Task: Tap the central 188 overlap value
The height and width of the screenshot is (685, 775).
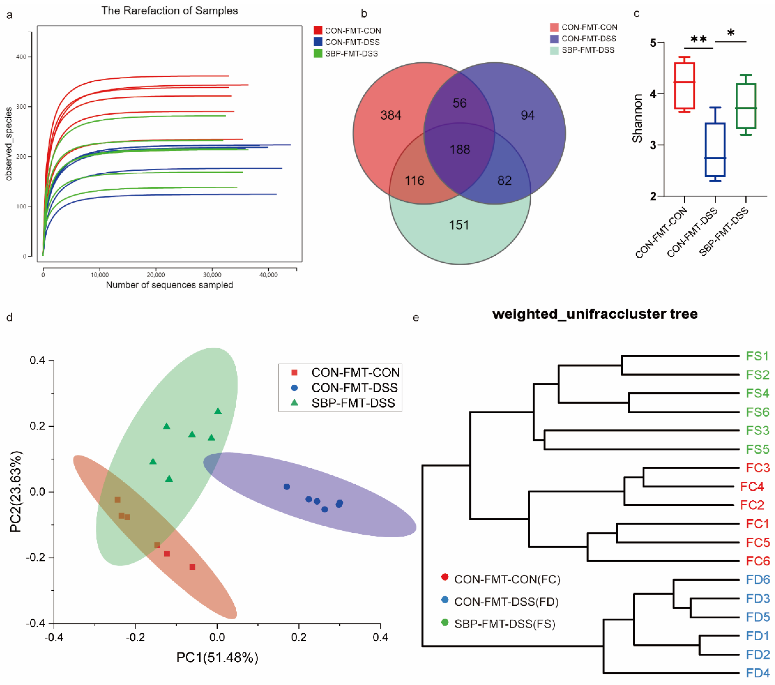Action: [x=460, y=150]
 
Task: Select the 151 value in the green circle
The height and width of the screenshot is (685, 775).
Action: [x=459, y=225]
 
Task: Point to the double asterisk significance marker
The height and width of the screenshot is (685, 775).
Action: [x=698, y=40]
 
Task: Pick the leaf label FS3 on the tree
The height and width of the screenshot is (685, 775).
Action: [x=757, y=431]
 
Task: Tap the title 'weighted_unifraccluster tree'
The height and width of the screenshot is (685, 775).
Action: [x=595, y=314]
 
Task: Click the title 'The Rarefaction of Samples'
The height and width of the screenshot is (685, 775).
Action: [x=169, y=11]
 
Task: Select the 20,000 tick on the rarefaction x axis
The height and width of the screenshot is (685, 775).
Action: [x=156, y=275]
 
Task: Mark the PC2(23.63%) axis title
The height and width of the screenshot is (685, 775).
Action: [x=16, y=492]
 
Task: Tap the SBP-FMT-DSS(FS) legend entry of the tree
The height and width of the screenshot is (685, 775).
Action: [x=504, y=624]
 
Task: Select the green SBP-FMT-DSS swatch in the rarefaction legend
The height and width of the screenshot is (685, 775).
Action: [x=318, y=53]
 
